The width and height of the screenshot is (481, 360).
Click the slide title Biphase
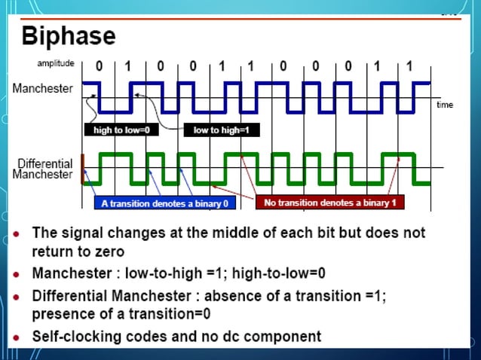pos(69,35)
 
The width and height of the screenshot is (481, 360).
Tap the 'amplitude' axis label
pos(55,63)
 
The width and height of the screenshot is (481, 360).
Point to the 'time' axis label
pos(445,105)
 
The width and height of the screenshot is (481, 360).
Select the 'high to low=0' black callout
pos(121,130)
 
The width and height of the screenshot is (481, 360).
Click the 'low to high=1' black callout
pos(221,130)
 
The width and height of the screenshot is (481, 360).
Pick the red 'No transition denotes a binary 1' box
pos(329,202)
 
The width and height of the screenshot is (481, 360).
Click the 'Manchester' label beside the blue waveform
pos(43,88)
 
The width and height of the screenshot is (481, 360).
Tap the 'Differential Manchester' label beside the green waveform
pos(44,169)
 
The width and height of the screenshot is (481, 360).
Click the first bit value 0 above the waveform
pos(99,66)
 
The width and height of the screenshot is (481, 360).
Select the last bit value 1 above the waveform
pos(409,66)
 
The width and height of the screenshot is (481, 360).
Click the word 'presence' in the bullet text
pos(62,313)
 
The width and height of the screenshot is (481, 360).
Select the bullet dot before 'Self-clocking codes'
pos(19,337)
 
